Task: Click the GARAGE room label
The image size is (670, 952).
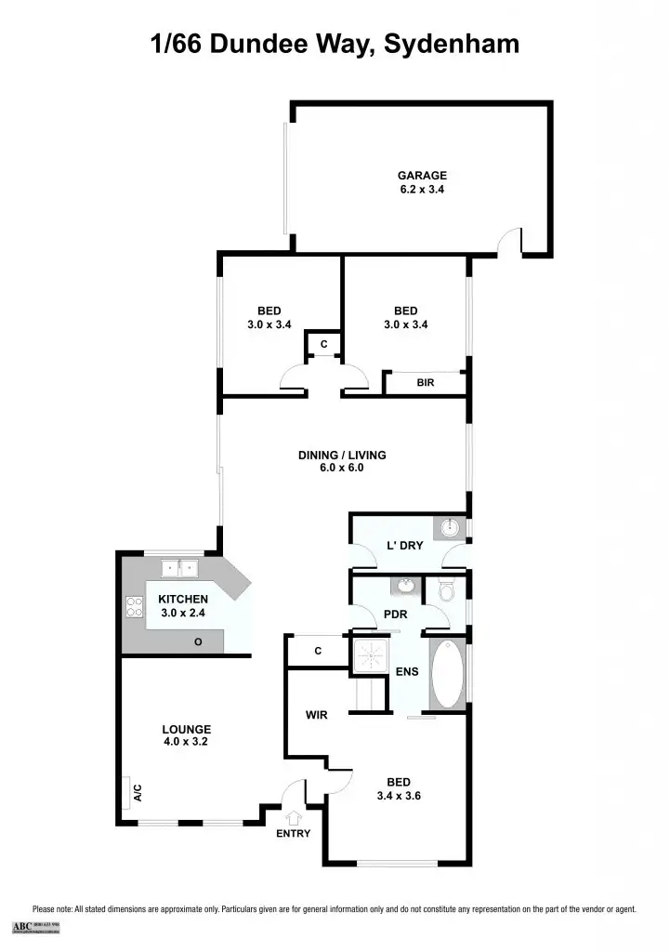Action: pos(423,175)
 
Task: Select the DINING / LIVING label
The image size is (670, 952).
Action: pos(342,456)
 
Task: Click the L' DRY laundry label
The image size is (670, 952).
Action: pos(405,546)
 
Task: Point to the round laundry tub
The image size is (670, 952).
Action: pos(451,528)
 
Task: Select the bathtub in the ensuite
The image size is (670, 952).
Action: pos(448,674)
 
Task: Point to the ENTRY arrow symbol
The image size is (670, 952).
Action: pos(295,818)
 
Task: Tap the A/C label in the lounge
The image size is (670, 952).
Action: pos(137,793)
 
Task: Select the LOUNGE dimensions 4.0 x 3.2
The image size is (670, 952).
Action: pos(187,742)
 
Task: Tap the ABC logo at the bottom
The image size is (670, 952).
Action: pos(21,926)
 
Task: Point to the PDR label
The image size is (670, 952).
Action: pos(397,615)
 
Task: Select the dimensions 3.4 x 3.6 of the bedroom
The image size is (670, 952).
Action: pos(400,796)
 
